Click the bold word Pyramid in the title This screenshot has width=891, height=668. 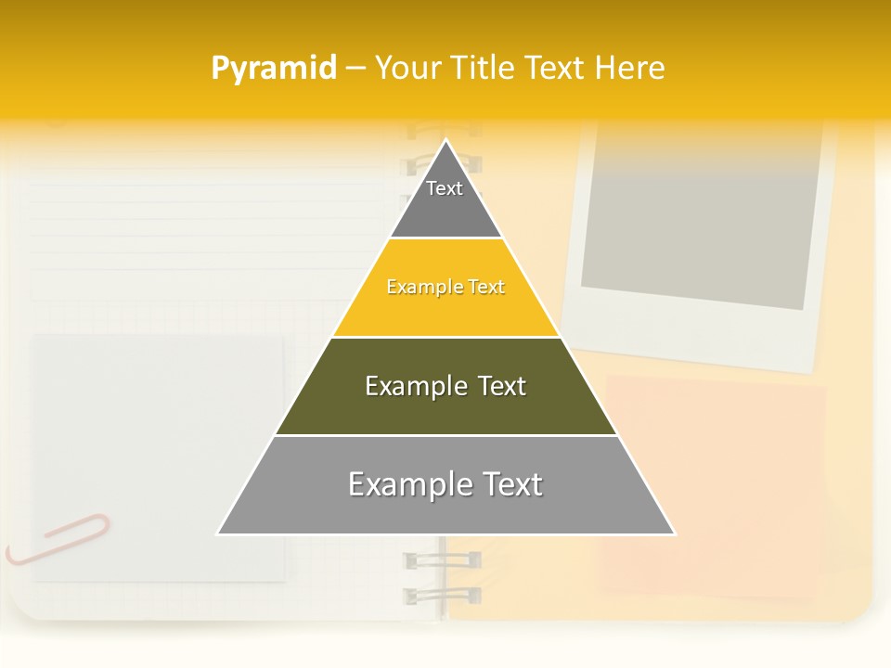[x=274, y=69]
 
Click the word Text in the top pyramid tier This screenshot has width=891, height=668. [x=445, y=188]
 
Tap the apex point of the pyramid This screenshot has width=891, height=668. [x=446, y=141]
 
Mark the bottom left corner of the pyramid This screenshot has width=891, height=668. [x=218, y=533]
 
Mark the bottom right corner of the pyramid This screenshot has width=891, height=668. [x=674, y=533]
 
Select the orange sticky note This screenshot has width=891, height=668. [x=715, y=482]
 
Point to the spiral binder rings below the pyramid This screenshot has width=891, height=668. [x=442, y=575]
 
